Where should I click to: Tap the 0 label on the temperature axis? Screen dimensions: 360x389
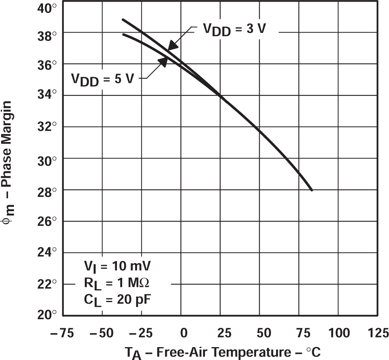point(183,333)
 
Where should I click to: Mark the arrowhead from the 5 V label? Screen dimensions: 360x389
point(163,61)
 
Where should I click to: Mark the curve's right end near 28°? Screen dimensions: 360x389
point(311,190)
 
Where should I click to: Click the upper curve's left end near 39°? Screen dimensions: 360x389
point(123,19)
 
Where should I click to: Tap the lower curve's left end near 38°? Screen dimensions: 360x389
point(123,34)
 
